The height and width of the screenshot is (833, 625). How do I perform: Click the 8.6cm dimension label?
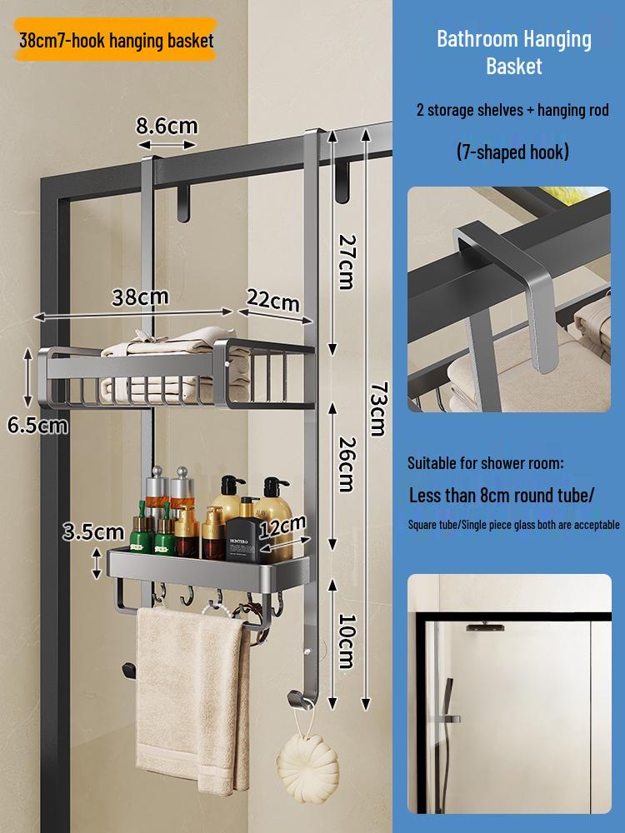(x=167, y=126)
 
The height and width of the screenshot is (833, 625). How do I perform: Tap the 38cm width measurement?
(x=140, y=297)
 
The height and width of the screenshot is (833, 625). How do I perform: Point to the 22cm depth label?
(x=273, y=301)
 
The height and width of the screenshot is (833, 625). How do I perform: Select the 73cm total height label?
(x=378, y=409)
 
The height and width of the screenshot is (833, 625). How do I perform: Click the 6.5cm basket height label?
(x=37, y=426)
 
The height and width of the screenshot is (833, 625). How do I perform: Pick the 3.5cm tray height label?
(x=93, y=531)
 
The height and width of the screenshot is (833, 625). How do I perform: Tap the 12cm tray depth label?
(x=282, y=526)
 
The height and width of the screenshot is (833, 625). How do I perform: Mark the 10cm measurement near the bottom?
(x=347, y=641)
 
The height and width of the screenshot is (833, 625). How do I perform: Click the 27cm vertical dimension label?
(x=347, y=262)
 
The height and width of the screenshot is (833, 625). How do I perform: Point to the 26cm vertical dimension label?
(x=347, y=464)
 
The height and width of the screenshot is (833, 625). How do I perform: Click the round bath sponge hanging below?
(x=307, y=765)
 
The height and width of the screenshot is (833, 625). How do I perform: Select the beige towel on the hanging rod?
(x=192, y=701)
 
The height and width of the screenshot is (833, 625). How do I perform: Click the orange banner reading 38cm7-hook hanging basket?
(x=116, y=40)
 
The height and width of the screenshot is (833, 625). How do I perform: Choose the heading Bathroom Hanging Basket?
(x=514, y=52)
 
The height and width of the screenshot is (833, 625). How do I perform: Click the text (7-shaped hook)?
(x=512, y=152)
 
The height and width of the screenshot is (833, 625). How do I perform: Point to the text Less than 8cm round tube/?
(x=501, y=495)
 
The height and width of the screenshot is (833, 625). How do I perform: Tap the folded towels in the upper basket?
(x=175, y=367)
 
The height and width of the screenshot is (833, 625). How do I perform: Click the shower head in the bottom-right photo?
(x=485, y=627)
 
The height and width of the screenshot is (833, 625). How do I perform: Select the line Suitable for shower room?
(x=485, y=462)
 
